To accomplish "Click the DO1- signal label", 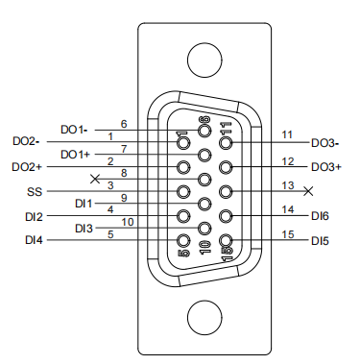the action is [x=74, y=130].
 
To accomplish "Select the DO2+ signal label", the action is [x=27, y=167].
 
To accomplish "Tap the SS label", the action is [x=35, y=192].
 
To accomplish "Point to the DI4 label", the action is [x=34, y=240].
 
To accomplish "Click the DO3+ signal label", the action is [x=326, y=167].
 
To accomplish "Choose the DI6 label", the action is [x=320, y=216].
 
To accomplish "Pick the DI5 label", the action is [x=320, y=241].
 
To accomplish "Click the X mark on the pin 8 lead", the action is [x=95, y=179].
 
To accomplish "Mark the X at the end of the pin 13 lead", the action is [x=308, y=191].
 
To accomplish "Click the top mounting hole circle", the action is [x=204, y=60].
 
